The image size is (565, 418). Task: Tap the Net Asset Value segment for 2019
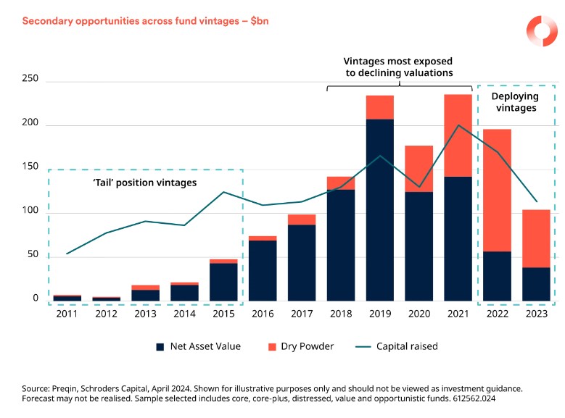coord(380,210)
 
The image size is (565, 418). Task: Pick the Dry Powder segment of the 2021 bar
coord(458,135)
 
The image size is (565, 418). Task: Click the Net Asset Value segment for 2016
coord(263,270)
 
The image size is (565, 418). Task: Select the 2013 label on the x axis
coord(145,313)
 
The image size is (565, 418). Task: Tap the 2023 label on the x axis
coord(536,313)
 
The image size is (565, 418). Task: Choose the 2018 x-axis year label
coord(341,313)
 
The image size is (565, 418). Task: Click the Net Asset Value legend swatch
coord(160,347)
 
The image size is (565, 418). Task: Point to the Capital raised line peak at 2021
coord(458,125)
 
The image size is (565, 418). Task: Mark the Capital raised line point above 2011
coord(67,254)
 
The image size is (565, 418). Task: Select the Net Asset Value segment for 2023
coord(536,285)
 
